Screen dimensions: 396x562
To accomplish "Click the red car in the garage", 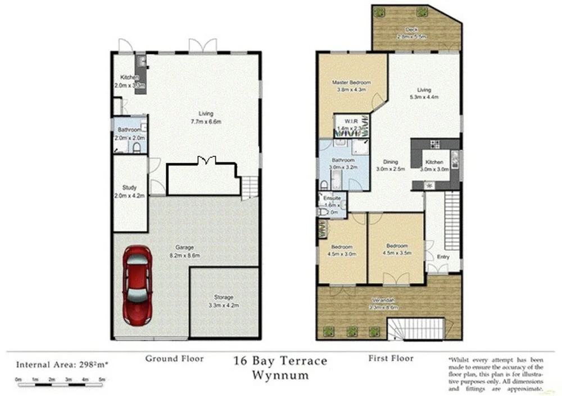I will pos(138,285).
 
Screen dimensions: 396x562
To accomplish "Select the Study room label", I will pos(130,188).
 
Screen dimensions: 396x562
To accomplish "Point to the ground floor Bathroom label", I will pos(129,130).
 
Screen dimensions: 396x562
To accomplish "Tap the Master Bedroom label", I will pos(351,82).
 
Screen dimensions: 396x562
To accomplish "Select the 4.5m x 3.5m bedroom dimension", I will pos(396,252).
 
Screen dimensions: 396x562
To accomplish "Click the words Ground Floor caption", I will pos(174,358).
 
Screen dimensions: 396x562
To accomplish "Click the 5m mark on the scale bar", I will pos(102,380).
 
